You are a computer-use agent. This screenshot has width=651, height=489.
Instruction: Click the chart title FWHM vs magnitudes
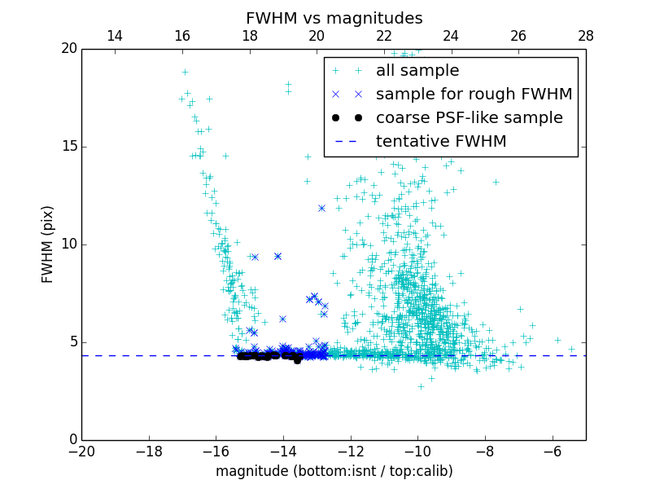point(334,18)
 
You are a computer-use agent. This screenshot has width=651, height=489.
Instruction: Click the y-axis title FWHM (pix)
point(48,244)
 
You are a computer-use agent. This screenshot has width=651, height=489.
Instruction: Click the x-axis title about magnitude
point(334,471)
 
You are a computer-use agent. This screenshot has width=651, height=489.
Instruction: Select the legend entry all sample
point(417,71)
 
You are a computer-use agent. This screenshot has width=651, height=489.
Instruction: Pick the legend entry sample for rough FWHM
point(474,95)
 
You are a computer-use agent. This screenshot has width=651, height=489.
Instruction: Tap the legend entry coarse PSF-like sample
point(469,118)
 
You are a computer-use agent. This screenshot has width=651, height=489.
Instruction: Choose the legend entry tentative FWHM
point(440,142)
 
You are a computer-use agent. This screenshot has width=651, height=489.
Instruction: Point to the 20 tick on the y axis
point(68,49)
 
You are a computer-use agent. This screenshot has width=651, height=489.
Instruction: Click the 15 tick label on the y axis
point(68,147)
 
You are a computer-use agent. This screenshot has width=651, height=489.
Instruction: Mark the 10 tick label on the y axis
point(68,244)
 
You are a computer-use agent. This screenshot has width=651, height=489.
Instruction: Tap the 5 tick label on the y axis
point(72,342)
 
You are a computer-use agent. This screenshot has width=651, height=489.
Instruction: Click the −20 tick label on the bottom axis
point(81,451)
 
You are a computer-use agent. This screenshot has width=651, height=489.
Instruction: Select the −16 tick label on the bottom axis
point(216,451)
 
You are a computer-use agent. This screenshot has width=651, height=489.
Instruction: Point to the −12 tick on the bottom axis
point(350,451)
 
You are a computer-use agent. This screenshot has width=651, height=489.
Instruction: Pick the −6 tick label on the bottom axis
point(552,451)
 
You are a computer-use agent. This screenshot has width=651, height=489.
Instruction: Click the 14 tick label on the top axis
point(115,36)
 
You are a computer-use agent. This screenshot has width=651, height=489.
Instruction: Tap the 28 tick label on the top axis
point(585,36)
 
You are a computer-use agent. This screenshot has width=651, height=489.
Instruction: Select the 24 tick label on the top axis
point(451,36)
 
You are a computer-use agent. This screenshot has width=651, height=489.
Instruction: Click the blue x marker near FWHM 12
point(321,208)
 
